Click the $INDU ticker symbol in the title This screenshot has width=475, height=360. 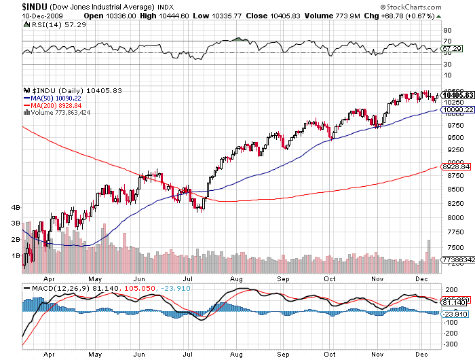pyautogui.click(x=16, y=6)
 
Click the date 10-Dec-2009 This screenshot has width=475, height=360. pyautogui.click(x=21, y=16)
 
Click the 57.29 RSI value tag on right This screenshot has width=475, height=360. pyautogui.click(x=452, y=50)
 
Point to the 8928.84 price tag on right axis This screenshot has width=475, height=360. pyautogui.click(x=452, y=166)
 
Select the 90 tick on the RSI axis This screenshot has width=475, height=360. pyautogui.click(x=447, y=31)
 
